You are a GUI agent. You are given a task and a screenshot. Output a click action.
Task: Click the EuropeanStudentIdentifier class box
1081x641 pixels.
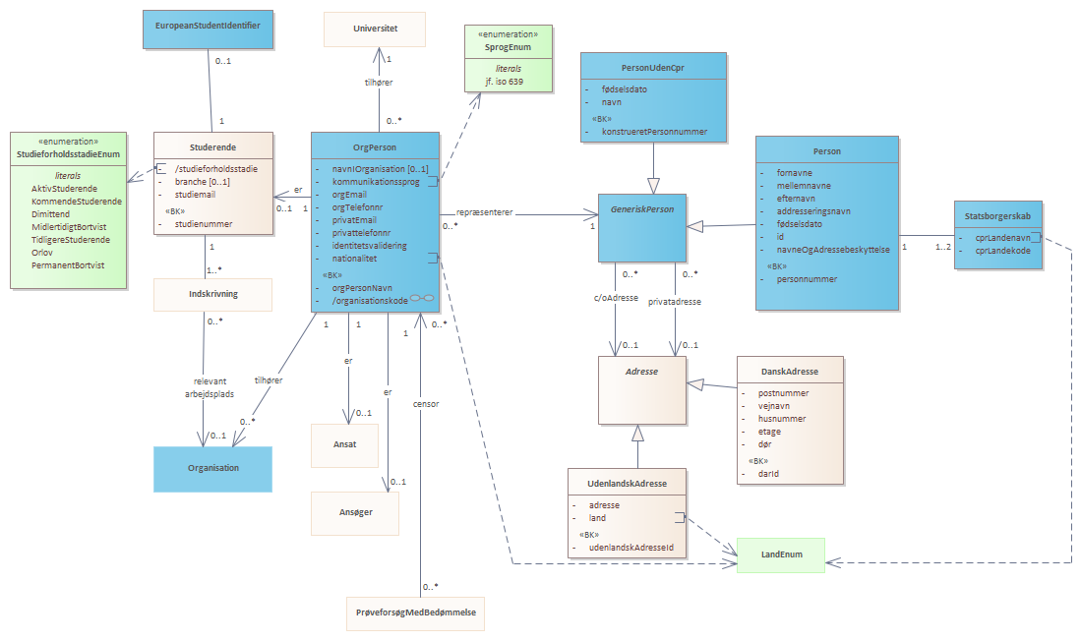(x=209, y=29)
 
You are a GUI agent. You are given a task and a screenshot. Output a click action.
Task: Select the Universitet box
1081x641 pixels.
(x=375, y=29)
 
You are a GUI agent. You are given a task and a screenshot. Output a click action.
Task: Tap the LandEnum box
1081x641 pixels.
(x=781, y=554)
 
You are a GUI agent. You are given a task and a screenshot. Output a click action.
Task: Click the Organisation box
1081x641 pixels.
(x=213, y=469)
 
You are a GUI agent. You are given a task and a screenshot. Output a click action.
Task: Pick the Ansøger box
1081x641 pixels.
(x=355, y=513)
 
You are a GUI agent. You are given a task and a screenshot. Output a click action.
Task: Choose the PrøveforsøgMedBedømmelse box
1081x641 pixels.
(x=416, y=612)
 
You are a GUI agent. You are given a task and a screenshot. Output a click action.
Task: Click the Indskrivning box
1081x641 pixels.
(x=213, y=294)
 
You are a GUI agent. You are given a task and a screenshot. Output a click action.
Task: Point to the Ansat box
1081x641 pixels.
(x=344, y=445)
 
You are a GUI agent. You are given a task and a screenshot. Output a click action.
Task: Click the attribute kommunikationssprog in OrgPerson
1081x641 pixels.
(x=376, y=182)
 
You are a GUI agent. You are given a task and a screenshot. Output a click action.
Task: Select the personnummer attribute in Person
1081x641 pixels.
(x=807, y=279)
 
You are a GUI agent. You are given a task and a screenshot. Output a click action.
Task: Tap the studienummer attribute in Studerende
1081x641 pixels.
(x=204, y=224)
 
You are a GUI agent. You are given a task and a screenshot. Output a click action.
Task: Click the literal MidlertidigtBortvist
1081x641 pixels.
(x=69, y=227)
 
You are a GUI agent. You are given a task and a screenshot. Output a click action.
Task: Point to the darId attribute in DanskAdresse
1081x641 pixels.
(x=768, y=474)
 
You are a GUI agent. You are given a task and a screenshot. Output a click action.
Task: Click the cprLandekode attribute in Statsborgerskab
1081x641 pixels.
(x=1002, y=251)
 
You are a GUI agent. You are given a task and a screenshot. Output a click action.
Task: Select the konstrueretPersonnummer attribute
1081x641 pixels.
(x=654, y=132)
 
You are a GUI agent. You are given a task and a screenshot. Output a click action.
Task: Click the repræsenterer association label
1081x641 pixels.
(x=485, y=213)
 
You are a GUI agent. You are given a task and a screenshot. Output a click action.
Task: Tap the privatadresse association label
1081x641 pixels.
(x=674, y=302)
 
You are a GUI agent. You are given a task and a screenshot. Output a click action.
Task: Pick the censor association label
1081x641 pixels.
(x=426, y=404)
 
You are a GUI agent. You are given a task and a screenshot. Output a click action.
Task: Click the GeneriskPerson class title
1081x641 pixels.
(x=642, y=209)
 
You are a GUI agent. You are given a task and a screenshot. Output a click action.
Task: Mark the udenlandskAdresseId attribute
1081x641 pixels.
(x=631, y=548)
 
